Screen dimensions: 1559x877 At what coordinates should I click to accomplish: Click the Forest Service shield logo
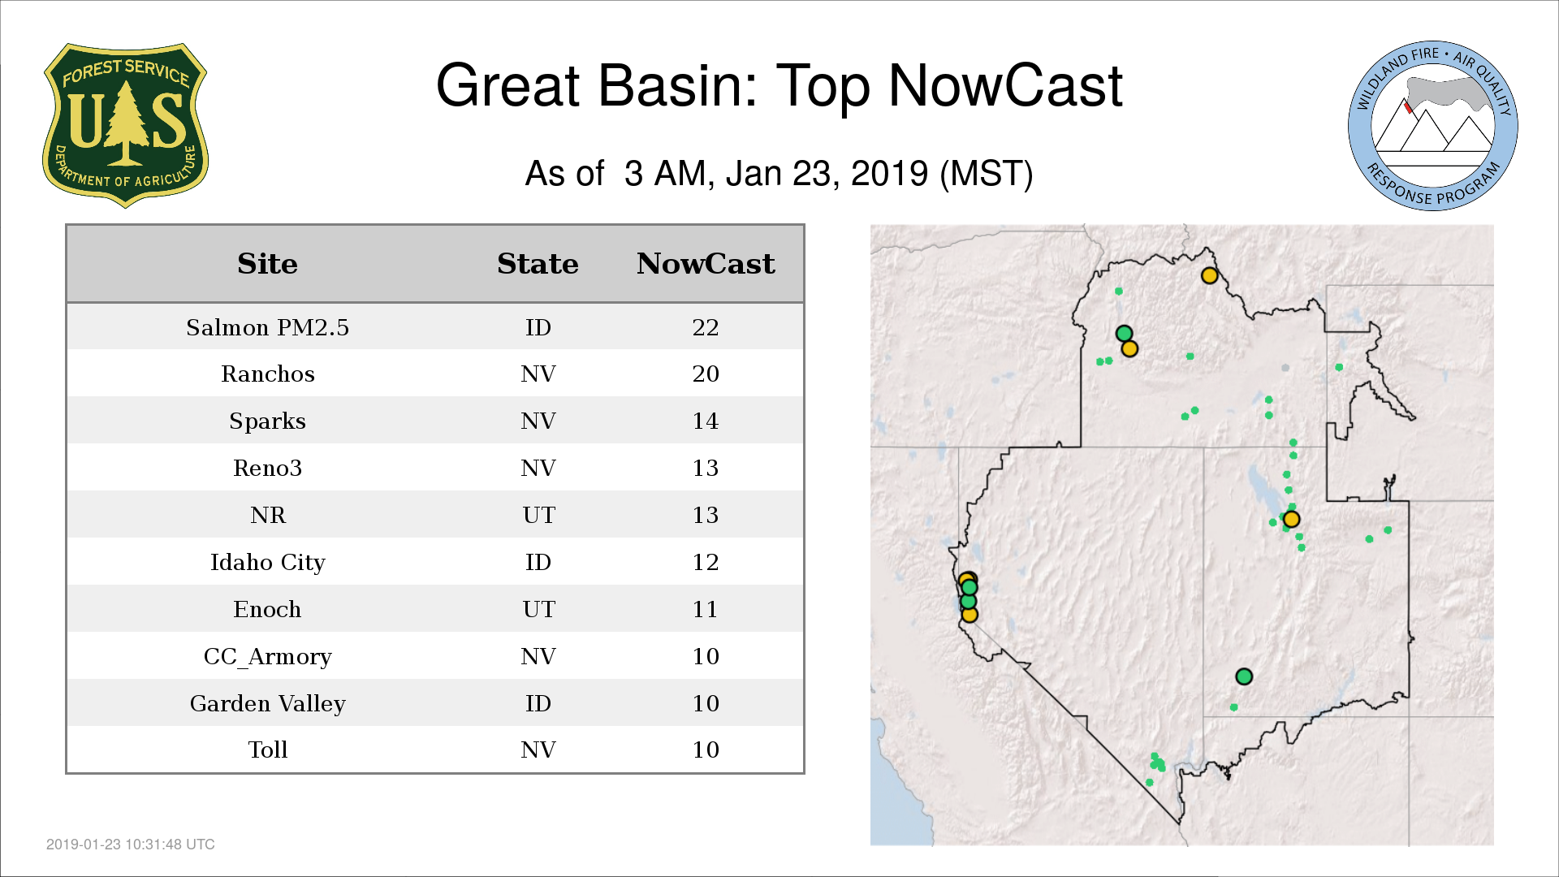click(x=125, y=125)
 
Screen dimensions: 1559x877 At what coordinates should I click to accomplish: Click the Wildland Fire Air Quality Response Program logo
click(x=1433, y=126)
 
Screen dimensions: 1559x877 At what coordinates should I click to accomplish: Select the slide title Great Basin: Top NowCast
click(x=779, y=85)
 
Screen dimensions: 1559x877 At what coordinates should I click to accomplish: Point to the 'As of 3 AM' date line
click(x=779, y=173)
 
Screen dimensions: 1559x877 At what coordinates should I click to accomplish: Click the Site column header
click(x=267, y=264)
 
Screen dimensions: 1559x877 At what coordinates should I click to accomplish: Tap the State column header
click(x=538, y=264)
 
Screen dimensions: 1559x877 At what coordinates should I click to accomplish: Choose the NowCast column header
click(x=706, y=264)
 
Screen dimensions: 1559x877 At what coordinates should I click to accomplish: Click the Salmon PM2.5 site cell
click(x=267, y=327)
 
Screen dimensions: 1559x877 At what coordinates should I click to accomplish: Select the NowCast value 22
click(x=706, y=327)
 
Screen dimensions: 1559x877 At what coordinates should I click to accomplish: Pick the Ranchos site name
click(x=267, y=374)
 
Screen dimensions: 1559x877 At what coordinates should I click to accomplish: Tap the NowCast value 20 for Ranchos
click(x=706, y=374)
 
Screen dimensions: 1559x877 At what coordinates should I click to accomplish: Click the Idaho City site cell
click(x=267, y=563)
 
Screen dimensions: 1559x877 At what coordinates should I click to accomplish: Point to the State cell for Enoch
click(x=538, y=609)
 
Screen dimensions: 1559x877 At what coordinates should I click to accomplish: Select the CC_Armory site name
click(x=267, y=657)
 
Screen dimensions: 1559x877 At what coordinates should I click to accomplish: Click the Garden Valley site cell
click(x=267, y=704)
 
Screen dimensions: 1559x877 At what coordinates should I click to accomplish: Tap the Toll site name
click(x=267, y=750)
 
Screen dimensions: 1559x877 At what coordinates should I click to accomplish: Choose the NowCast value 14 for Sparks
click(x=706, y=421)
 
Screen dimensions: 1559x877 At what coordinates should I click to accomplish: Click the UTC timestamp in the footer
click(x=131, y=845)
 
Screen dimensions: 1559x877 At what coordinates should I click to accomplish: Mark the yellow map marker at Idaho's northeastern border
click(x=1209, y=275)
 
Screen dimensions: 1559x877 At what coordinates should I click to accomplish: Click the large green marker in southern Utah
click(x=1244, y=676)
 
